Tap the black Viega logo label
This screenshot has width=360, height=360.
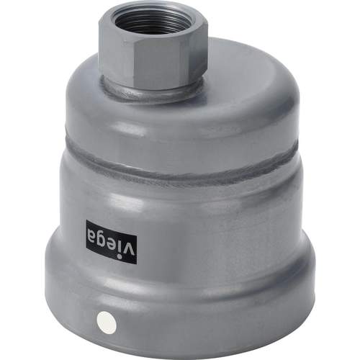112,243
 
